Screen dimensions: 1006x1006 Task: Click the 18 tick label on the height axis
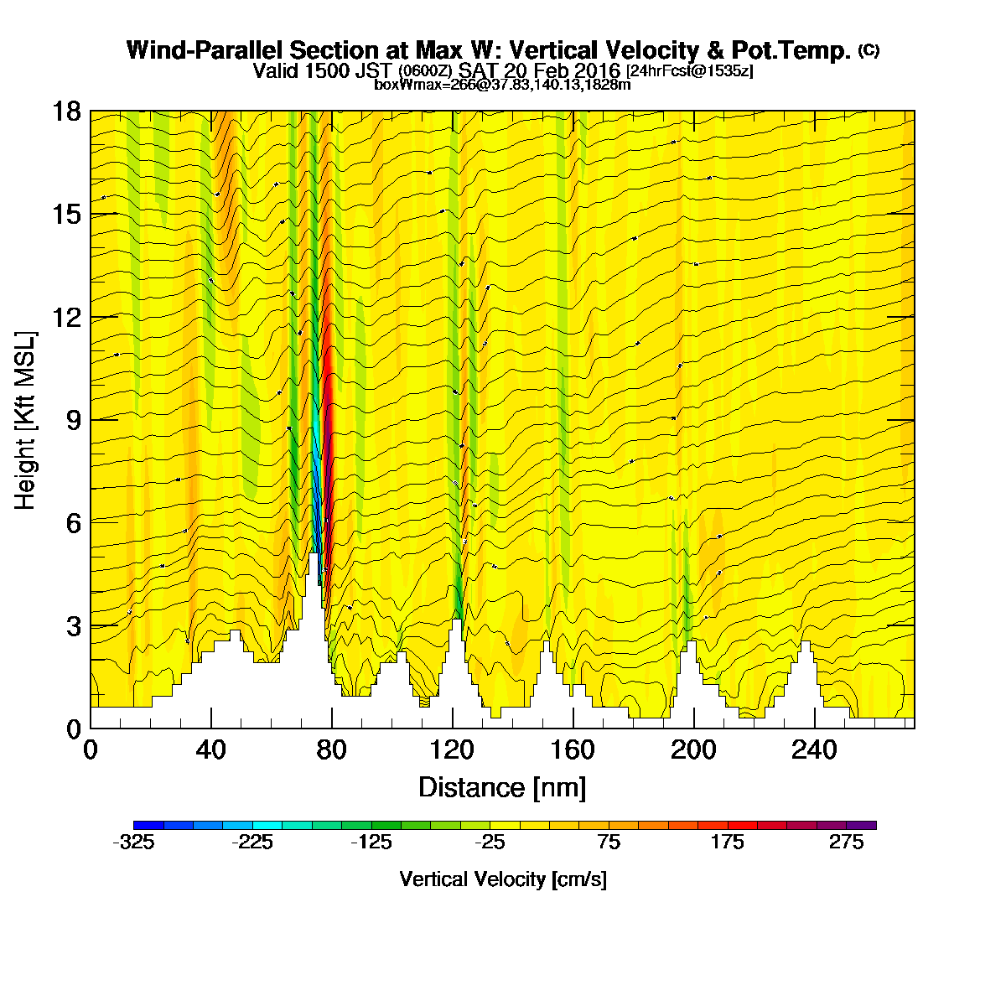coord(67,111)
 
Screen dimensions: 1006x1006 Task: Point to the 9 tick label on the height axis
coord(74,420)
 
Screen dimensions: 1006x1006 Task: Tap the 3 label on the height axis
coord(74,626)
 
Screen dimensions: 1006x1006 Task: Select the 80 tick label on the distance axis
coord(331,750)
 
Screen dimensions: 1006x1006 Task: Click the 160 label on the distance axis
coord(573,750)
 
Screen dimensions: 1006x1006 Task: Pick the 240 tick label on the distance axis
coord(814,750)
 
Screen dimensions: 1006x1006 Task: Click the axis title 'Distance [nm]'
coord(502,788)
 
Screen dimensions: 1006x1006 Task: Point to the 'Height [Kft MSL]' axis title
coord(25,420)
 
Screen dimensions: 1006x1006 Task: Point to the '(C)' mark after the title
coord(869,50)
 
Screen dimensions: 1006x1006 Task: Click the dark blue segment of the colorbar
coord(148,826)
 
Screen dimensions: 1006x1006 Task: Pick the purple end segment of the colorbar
coord(862,826)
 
